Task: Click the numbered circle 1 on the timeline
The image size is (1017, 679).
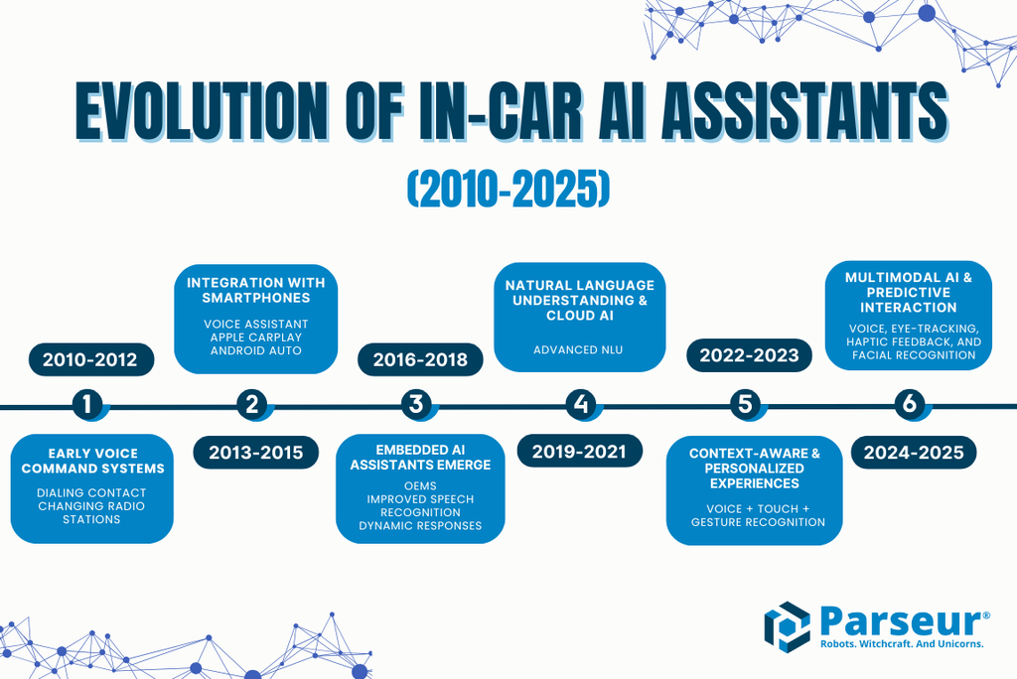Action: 87,404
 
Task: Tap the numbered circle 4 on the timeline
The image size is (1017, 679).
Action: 580,404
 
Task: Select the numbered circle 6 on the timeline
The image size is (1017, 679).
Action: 909,404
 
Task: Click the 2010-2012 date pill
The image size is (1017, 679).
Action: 91,359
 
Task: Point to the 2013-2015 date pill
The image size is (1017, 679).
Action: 255,452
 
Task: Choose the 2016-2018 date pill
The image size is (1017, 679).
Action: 420,359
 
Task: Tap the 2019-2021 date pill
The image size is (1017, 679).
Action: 579,452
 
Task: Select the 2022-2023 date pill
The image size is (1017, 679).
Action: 749,355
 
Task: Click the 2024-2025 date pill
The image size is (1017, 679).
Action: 914,453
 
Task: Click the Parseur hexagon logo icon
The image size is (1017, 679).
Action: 787,626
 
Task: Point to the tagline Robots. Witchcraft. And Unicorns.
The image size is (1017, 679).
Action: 901,644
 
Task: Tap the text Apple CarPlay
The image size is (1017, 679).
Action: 255,338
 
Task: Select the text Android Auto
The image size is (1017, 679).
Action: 255,350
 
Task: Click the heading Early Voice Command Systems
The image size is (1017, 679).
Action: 92,461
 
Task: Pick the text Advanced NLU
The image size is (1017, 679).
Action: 579,349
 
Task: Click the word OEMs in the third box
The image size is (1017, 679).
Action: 420,486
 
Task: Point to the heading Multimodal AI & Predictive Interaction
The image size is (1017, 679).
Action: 909,293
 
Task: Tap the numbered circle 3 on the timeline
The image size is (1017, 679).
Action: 416,404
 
